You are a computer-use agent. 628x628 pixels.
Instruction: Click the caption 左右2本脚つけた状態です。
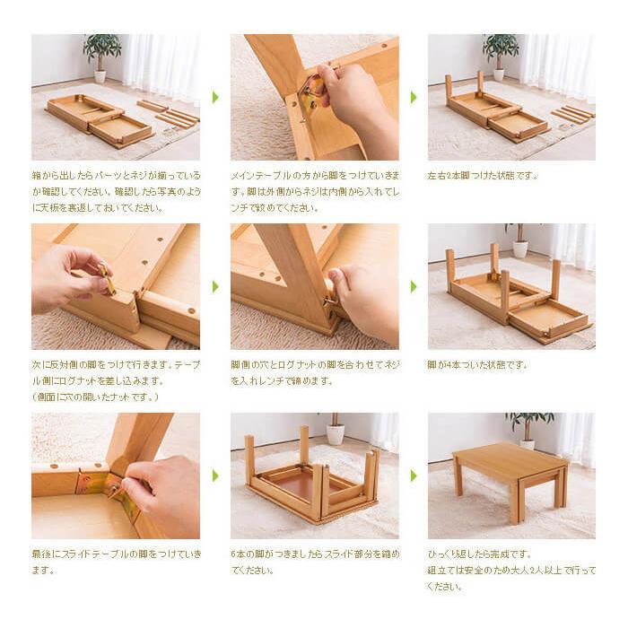tap(483, 176)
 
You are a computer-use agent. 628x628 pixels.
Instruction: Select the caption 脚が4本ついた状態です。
tap(477, 365)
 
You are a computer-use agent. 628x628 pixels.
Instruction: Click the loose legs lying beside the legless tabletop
tap(176, 115)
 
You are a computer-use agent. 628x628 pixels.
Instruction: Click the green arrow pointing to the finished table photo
tap(414, 475)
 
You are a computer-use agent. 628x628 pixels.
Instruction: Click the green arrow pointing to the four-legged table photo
tap(414, 286)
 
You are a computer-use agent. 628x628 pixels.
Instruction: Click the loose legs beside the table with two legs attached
tap(571, 114)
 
